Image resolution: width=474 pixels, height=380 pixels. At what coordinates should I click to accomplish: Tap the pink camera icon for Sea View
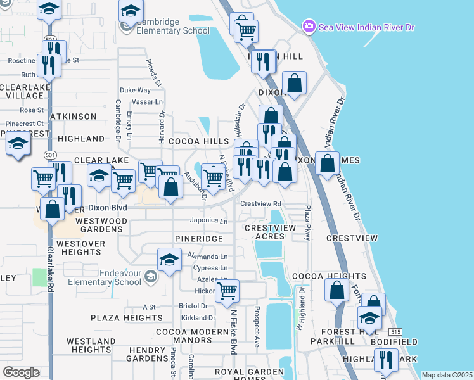309,27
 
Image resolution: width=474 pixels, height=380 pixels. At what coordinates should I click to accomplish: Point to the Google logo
21,372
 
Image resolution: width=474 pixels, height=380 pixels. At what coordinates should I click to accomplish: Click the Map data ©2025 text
447,375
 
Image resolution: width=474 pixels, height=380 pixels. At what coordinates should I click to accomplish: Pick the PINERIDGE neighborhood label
199,239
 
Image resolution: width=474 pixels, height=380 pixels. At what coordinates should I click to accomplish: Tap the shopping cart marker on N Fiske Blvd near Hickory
227,291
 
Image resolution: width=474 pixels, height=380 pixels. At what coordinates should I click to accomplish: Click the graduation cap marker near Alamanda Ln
169,260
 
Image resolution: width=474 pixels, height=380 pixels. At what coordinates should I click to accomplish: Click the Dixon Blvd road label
108,208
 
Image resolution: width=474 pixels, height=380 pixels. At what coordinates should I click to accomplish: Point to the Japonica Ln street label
209,222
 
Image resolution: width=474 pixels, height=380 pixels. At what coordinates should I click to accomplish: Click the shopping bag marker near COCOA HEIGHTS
337,291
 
